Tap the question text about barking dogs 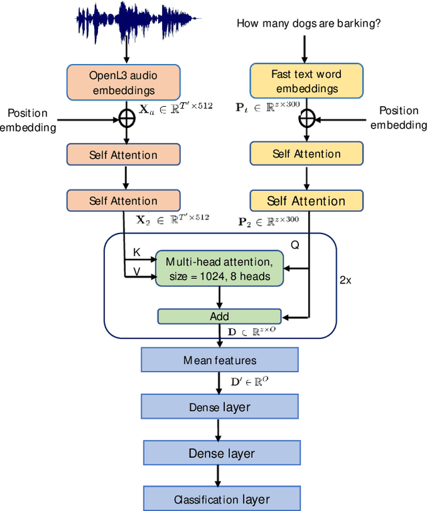(309, 23)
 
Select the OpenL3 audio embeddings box (122, 82)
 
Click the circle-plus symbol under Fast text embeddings (306, 119)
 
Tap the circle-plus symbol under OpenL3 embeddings (127, 119)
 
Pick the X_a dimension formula (175, 106)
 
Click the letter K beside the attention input (137, 252)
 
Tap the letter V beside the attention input (137, 272)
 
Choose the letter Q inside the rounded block (294, 245)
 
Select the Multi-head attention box (220, 268)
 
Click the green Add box (220, 316)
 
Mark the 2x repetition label (345, 280)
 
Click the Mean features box (220, 360)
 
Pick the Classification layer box (222, 499)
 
